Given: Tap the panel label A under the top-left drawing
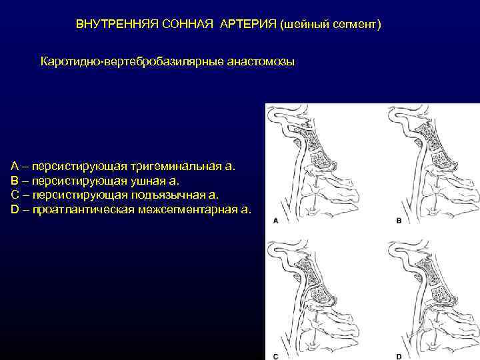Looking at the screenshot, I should coord(275,220).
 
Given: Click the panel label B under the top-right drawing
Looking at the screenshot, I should coord(399,220).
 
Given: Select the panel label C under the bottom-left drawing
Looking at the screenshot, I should coord(275,356).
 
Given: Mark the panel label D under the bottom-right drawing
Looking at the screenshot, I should coord(399,356).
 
